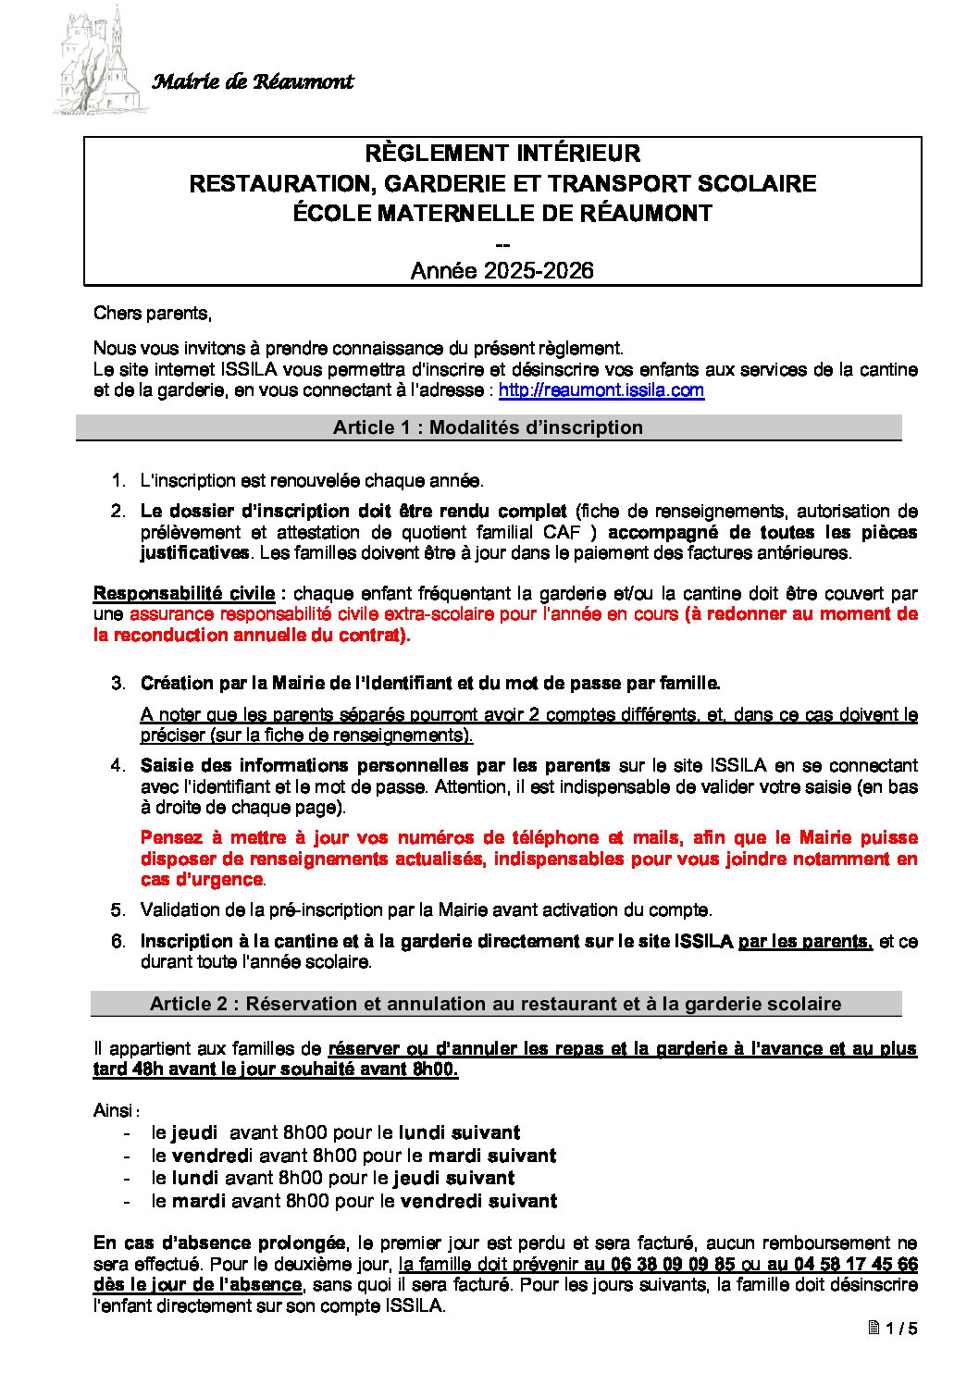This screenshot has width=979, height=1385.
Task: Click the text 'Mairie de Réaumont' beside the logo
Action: tap(252, 82)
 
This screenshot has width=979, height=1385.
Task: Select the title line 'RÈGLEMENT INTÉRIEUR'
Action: tap(502, 154)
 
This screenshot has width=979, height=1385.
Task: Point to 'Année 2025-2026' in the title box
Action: tap(502, 271)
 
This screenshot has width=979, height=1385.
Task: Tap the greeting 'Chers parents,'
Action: tap(153, 314)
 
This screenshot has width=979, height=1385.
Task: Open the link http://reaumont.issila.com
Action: tap(601, 390)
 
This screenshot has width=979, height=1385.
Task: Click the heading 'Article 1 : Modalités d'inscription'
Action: tap(488, 427)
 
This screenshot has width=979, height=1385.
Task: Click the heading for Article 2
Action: tap(495, 1004)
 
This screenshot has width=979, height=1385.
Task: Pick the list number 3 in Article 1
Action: tap(118, 684)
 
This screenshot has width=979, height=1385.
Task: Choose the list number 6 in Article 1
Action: tap(118, 942)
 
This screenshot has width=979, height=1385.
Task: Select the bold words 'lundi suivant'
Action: tap(459, 1132)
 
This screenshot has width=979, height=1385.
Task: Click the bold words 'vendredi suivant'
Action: tap(478, 1202)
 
